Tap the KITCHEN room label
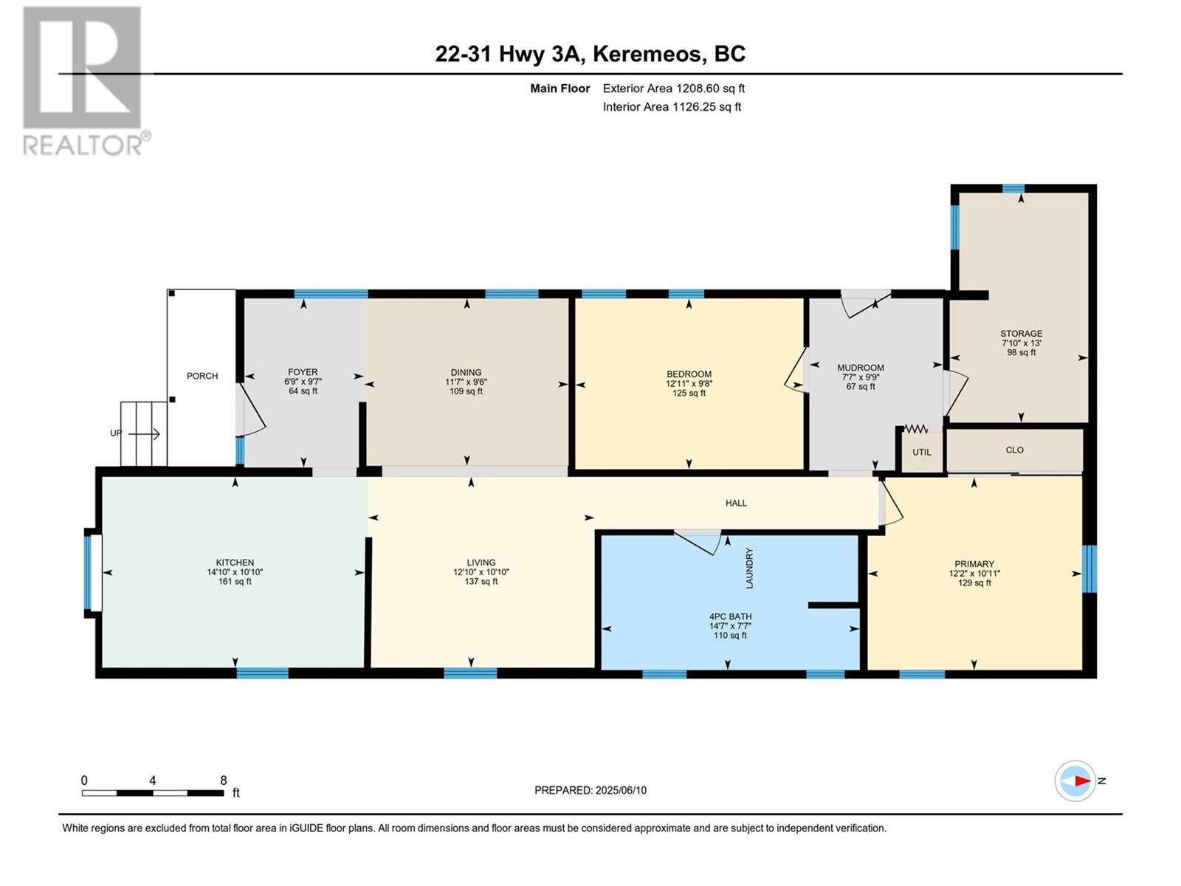(x=235, y=563)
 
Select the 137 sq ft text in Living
(x=481, y=582)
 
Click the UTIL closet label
(x=921, y=453)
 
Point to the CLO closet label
(x=1014, y=450)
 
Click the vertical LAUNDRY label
(x=749, y=568)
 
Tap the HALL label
(x=736, y=503)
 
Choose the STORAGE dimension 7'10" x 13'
(x=1021, y=343)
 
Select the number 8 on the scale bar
(x=223, y=780)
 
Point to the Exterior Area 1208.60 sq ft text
(x=673, y=89)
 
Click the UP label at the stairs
(x=116, y=433)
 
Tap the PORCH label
(x=202, y=376)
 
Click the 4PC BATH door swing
(x=699, y=541)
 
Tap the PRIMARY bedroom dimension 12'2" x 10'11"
(x=974, y=574)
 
